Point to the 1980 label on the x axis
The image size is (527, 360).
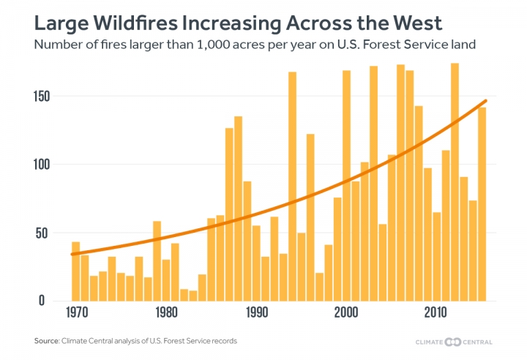(x=166, y=310)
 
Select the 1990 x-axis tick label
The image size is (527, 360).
(x=256, y=310)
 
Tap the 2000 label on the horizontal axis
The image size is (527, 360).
(x=346, y=310)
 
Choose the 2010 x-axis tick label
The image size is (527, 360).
(x=437, y=310)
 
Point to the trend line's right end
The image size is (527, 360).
(x=486, y=100)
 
